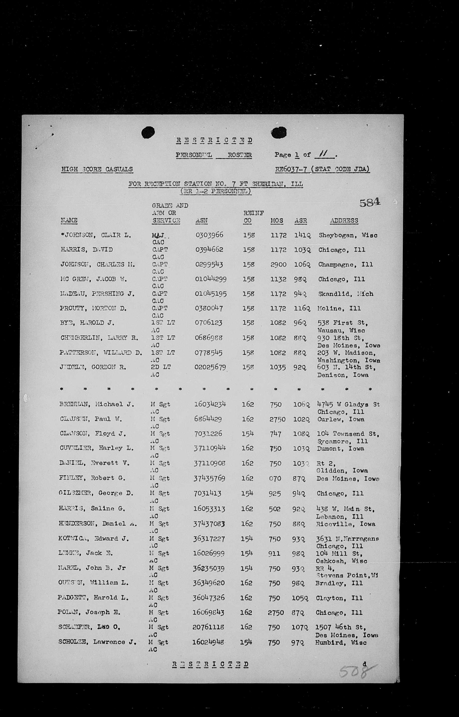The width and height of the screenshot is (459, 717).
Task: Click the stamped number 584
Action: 370,203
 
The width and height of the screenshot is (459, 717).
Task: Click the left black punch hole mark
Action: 148,133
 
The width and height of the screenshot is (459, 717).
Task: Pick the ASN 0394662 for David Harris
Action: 209,250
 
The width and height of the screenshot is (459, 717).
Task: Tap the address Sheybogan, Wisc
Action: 348,235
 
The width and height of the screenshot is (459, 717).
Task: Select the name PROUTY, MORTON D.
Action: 93,308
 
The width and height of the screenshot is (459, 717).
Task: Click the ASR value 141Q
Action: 302,235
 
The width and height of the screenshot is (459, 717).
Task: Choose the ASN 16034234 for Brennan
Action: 210,404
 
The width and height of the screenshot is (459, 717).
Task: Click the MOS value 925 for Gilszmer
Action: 275,493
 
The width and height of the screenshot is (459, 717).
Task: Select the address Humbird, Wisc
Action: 341,642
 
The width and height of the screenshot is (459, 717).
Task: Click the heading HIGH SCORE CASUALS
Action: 97,169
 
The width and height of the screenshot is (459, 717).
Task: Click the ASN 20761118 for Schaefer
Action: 208,627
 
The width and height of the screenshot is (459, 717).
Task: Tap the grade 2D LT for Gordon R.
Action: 161,367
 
